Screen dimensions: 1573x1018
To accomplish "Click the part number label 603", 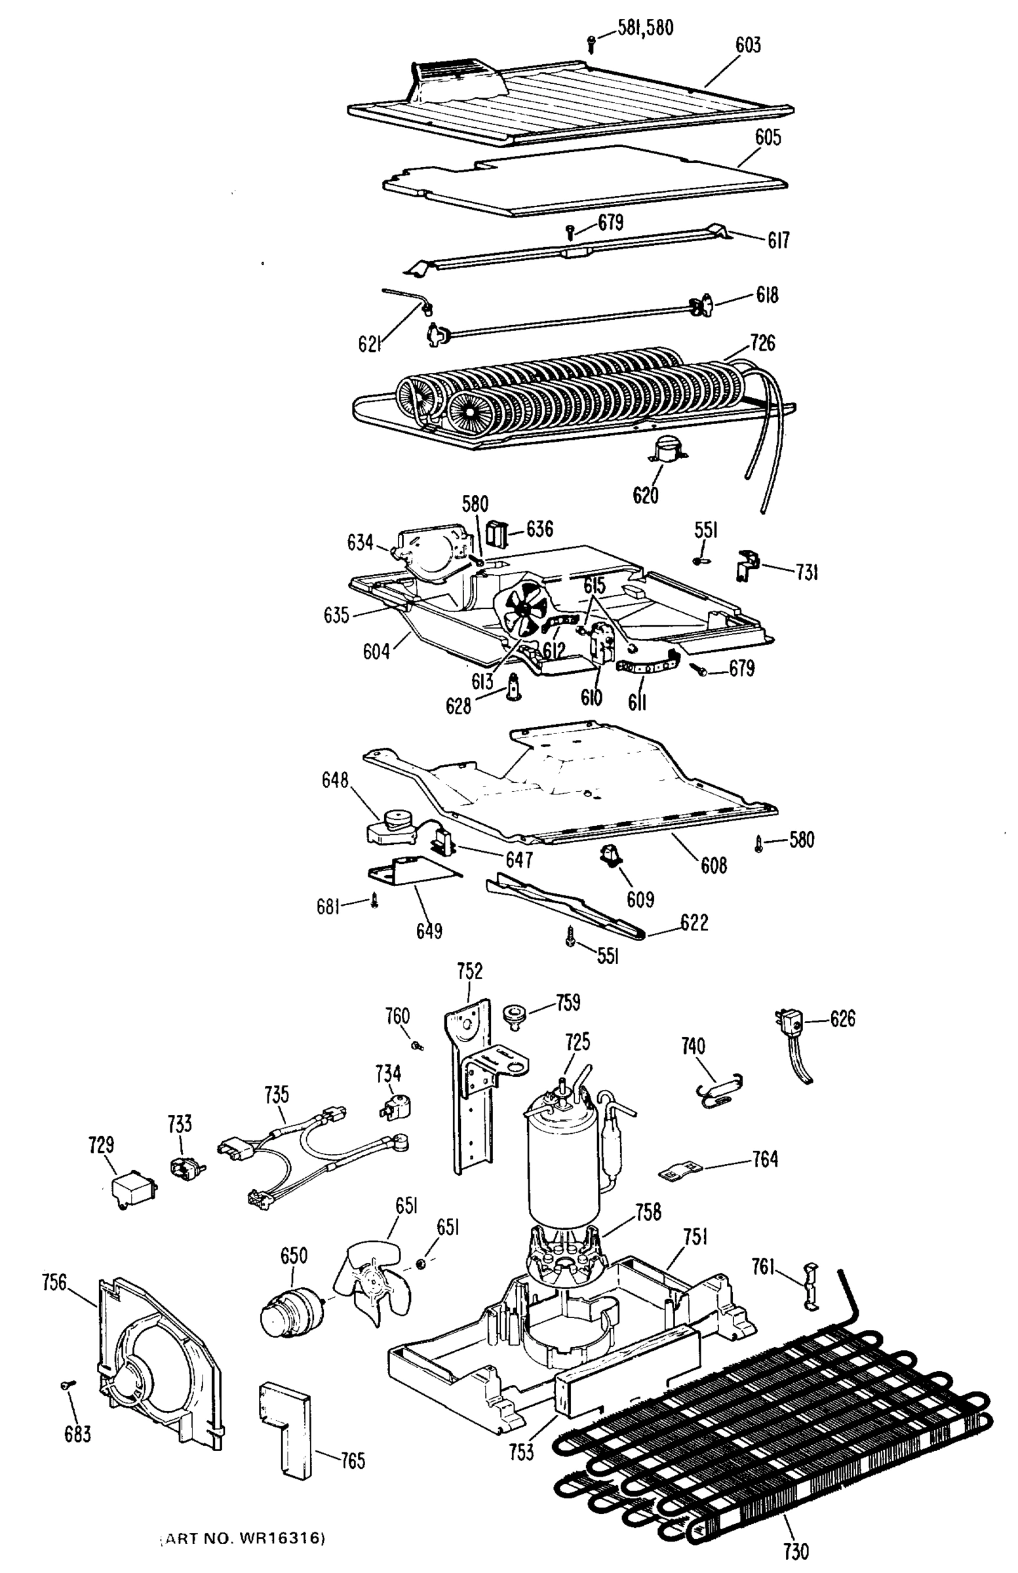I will [x=749, y=45].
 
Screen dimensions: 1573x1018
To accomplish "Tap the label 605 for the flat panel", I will [x=768, y=138].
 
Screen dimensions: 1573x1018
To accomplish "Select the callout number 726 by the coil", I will [x=762, y=343].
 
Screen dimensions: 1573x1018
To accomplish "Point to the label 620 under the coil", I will [x=646, y=495].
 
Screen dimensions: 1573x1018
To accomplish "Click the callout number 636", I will [x=539, y=529].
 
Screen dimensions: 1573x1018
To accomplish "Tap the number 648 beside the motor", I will [x=335, y=780].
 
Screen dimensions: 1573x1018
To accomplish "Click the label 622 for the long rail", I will [x=694, y=922].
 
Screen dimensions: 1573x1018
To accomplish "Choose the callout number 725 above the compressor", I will [x=577, y=1042].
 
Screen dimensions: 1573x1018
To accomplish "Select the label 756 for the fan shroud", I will [x=54, y=1282].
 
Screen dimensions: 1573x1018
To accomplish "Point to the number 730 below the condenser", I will [x=795, y=1549].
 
